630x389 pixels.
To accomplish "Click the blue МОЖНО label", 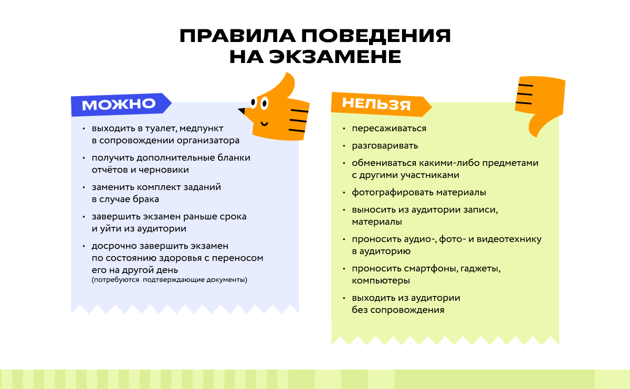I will pos(119,104).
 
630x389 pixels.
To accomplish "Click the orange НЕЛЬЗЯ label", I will pos(376,103).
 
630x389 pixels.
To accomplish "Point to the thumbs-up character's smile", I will pos(264,123).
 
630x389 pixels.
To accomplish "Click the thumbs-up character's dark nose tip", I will pos(241,111).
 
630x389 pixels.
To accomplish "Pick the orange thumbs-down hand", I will pos(541,102).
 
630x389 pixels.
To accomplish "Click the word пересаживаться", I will pos(389,129).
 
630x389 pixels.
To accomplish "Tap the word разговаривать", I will pos(385,146).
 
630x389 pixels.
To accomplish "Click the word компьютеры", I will pos(381,281).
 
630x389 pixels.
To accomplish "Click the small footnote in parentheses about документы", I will pos(169,280).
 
